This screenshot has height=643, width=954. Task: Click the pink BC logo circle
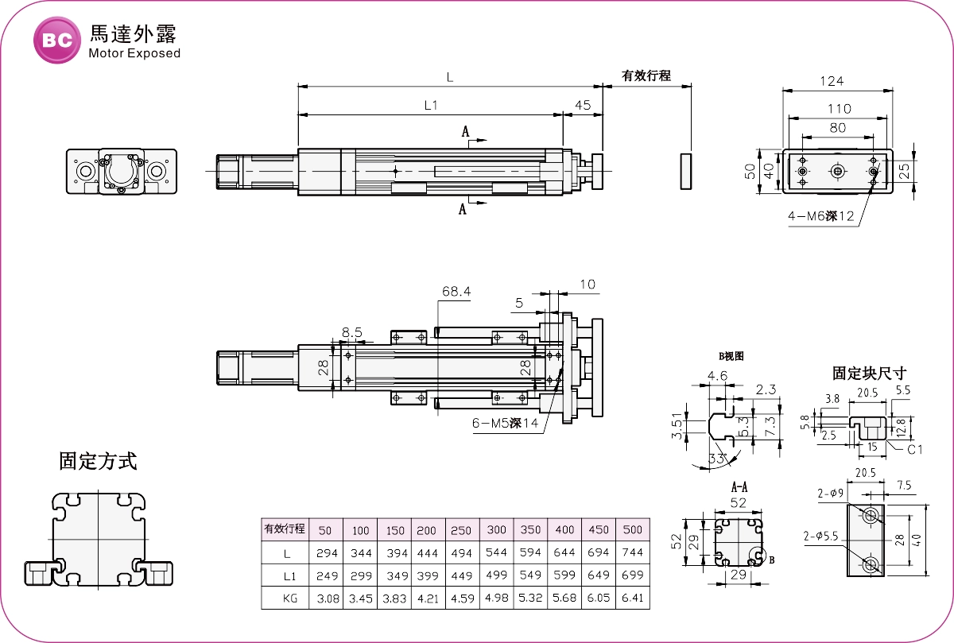[57, 40]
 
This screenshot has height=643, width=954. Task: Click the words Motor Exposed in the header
[134, 54]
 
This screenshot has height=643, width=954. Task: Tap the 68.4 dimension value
[456, 292]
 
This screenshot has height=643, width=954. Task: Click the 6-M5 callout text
[505, 423]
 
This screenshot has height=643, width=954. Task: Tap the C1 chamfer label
[916, 449]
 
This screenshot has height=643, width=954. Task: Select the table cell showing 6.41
[632, 598]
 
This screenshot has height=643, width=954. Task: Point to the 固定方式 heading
[98, 461]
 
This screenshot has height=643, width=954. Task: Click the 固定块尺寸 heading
[869, 373]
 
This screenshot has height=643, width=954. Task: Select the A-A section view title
[739, 486]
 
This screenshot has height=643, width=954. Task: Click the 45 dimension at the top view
[583, 105]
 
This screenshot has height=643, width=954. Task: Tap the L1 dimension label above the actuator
[432, 105]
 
